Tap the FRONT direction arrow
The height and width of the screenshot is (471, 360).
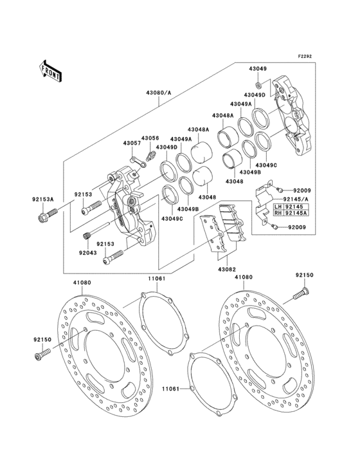(51, 71)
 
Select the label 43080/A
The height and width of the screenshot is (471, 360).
(159, 93)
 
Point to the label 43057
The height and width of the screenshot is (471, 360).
(132, 143)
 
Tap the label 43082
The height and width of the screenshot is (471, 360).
(227, 269)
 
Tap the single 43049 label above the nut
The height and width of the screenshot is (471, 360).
(258, 68)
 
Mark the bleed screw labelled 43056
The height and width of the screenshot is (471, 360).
(152, 154)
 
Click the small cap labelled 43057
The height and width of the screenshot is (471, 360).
(134, 158)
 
